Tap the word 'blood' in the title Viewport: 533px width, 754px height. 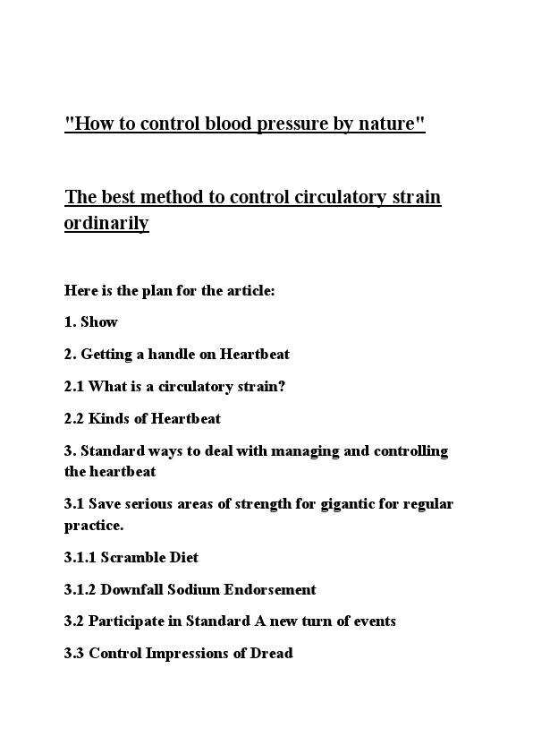point(230,124)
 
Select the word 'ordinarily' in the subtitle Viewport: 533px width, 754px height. point(106,223)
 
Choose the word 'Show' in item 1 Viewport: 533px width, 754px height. point(99,321)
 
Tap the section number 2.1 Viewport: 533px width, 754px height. point(74,386)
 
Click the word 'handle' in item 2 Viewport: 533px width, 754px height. point(171,354)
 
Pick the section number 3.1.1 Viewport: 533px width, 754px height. point(80,557)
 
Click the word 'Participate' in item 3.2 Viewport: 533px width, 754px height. point(126,621)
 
